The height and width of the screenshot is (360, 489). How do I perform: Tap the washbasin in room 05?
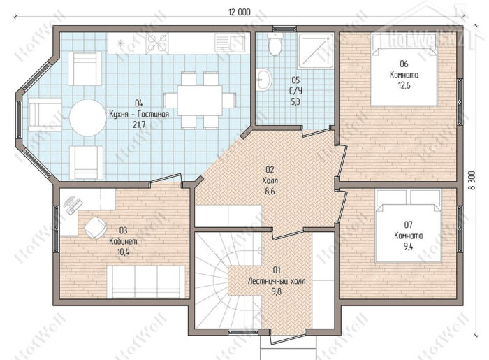tap(264, 80)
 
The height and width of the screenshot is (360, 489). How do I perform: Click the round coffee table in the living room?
tap(87, 117)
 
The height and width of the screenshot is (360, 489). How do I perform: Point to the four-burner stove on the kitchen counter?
tap(157, 43)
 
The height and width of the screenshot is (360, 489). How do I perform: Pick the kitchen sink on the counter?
tap(230, 43)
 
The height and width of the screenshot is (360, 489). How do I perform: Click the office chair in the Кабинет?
tap(95, 228)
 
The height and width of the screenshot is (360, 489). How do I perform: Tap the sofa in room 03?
tap(146, 282)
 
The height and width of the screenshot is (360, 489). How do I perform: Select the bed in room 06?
tap(404, 69)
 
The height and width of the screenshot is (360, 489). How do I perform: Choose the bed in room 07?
tap(409, 225)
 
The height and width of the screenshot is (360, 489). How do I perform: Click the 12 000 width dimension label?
tap(240, 12)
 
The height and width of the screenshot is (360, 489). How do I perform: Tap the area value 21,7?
tap(139, 125)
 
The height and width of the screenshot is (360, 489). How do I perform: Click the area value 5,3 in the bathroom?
tap(295, 101)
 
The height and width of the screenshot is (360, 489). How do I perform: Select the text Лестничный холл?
tap(277, 281)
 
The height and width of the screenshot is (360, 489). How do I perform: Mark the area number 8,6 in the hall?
tap(270, 192)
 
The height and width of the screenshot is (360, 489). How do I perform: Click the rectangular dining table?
tap(200, 101)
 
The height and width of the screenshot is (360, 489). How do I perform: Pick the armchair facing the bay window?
tap(45, 115)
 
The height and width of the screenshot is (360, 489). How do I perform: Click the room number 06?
tap(404, 64)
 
